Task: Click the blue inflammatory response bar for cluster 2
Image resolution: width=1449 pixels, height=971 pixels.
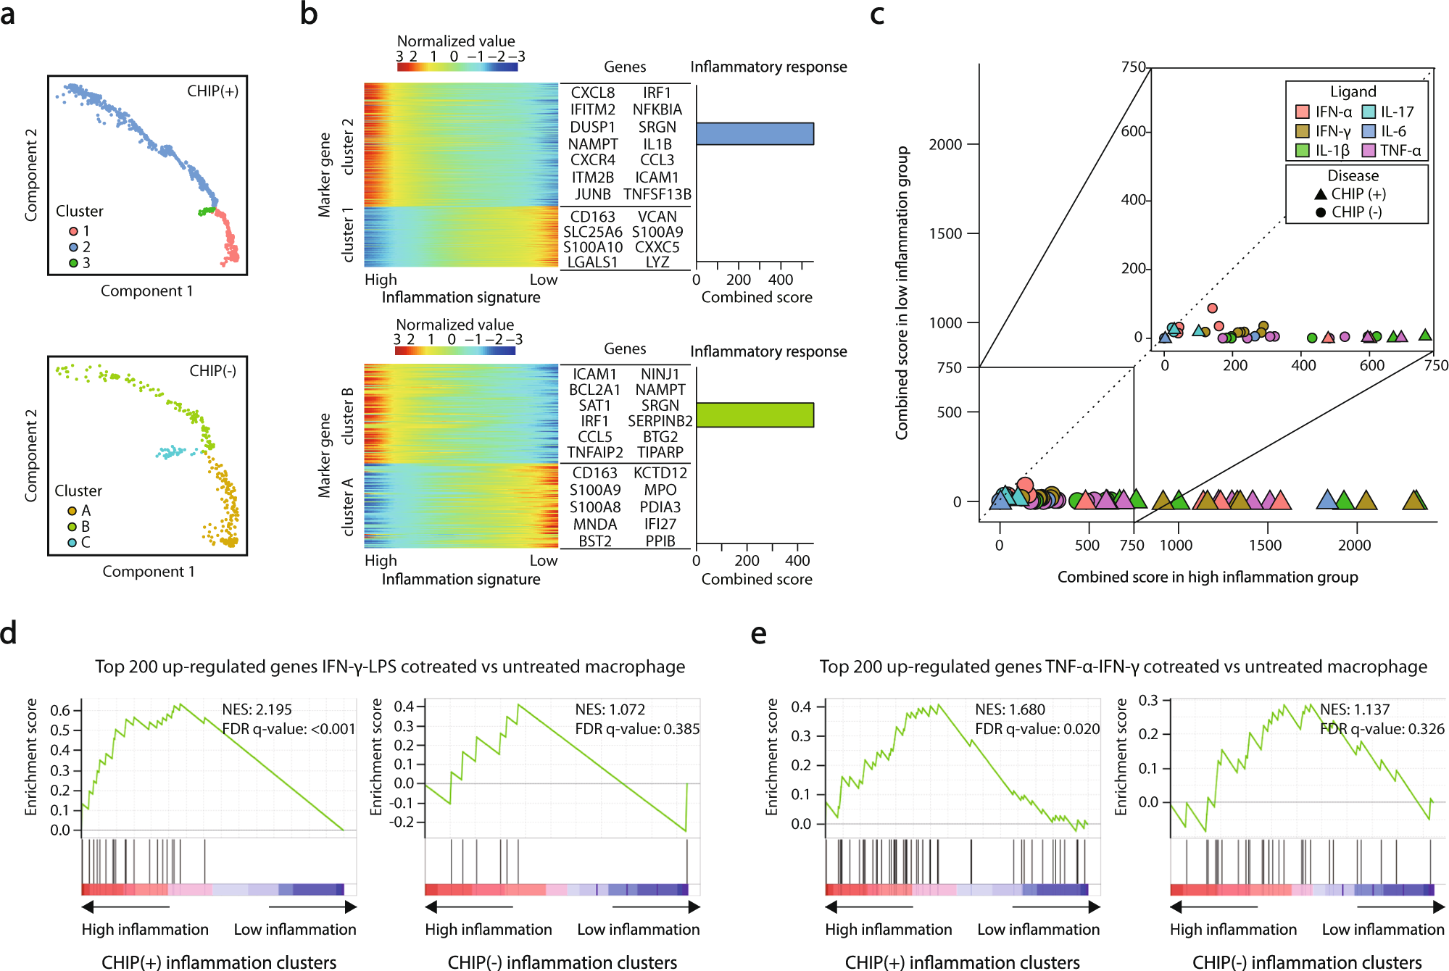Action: tap(755, 133)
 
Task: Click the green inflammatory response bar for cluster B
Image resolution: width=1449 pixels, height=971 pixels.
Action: tap(755, 414)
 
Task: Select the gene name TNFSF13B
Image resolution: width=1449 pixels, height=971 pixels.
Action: tap(657, 194)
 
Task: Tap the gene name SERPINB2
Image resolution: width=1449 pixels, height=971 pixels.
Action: tap(660, 421)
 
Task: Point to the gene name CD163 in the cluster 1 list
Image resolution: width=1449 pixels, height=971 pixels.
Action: tap(592, 217)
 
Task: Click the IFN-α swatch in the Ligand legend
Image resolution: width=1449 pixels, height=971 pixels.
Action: tap(1302, 112)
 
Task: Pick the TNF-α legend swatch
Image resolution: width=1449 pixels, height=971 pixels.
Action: tap(1369, 151)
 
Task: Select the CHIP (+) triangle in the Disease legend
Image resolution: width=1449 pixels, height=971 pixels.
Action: tap(1321, 193)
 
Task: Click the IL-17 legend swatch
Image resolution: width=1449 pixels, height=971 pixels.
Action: tap(1369, 112)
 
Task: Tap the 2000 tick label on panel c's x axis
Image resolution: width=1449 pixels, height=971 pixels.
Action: tap(1354, 545)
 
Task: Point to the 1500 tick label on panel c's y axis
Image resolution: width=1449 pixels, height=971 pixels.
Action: tap(945, 233)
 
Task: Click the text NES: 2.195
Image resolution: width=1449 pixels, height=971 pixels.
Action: tap(257, 709)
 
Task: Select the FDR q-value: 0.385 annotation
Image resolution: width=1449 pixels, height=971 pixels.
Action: tap(637, 729)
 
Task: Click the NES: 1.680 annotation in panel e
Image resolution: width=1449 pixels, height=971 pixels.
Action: tap(1010, 709)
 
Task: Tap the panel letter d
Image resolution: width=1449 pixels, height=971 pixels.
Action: tap(9, 633)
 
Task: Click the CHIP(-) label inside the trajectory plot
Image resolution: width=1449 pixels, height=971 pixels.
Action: tap(212, 371)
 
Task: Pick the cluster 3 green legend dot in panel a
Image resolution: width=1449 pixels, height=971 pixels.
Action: tap(73, 263)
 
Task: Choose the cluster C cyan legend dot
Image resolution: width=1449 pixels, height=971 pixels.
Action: tap(72, 543)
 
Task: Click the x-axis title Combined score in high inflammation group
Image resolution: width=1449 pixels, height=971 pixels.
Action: tap(1207, 577)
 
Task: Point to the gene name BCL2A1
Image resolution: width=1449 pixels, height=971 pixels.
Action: tap(594, 390)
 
